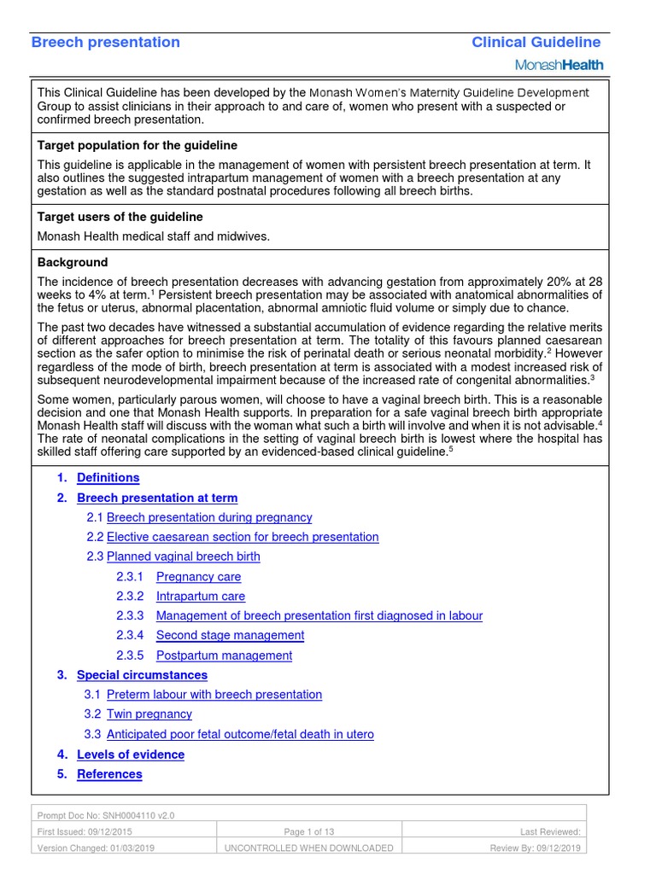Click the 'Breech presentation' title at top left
(106, 43)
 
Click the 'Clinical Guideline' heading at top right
(536, 43)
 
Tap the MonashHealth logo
(559, 65)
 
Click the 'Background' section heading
(73, 262)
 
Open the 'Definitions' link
(108, 478)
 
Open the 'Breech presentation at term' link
(157, 498)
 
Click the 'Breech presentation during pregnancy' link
(209, 517)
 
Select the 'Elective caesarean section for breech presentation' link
(243, 537)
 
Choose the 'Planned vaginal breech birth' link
(184, 556)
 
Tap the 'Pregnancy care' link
(198, 577)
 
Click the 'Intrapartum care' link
(200, 597)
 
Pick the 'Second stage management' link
(230, 635)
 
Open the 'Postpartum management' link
(224, 655)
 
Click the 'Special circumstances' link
(142, 675)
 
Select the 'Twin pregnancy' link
(149, 714)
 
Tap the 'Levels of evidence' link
(131, 755)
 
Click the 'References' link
(109, 774)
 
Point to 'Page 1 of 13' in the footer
(308, 831)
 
